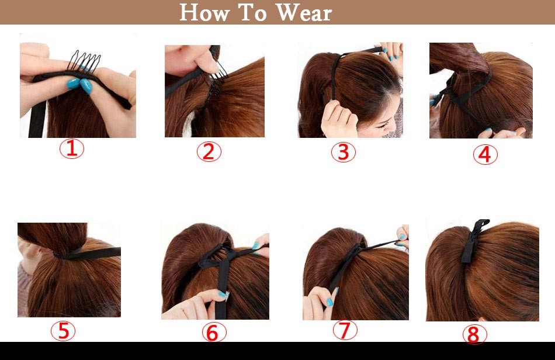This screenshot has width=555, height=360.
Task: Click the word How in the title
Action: click(204, 13)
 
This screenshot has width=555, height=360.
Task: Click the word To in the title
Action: click(253, 13)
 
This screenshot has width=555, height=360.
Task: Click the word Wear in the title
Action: click(304, 13)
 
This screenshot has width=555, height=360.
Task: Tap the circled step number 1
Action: click(72, 148)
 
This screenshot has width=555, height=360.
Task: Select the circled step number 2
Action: click(209, 152)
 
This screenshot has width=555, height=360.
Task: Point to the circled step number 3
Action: click(344, 153)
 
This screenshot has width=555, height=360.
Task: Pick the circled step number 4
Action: click(485, 155)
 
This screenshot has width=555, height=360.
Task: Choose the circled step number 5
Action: click(63, 331)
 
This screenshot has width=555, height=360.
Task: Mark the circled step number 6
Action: click(214, 333)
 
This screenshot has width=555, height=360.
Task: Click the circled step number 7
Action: click(345, 330)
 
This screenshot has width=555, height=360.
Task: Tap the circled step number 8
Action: click(474, 334)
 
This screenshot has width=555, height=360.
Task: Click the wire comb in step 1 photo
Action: click(84, 62)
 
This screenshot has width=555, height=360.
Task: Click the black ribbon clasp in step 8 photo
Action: click(474, 241)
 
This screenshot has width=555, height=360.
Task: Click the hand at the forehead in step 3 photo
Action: click(338, 119)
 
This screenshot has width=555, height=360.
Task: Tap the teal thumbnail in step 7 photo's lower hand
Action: click(329, 302)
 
